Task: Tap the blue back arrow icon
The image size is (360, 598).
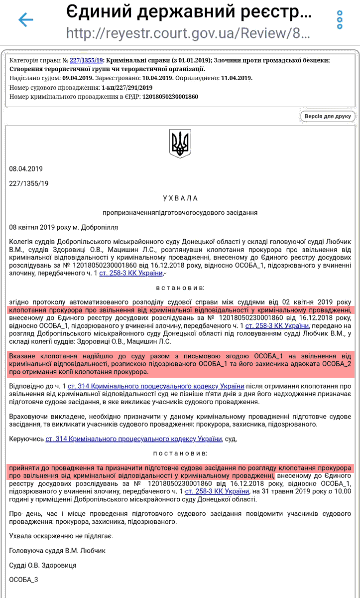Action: tap(25, 19)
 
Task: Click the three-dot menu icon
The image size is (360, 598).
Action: tap(340, 19)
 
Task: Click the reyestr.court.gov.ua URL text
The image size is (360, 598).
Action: tap(188, 34)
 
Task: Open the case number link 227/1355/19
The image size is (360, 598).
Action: tap(86, 60)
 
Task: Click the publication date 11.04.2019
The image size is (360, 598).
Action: tap(237, 78)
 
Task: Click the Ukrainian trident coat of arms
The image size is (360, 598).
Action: tap(180, 144)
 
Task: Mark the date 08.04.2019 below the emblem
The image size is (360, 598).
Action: tap(26, 169)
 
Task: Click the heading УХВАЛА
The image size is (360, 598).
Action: tap(180, 198)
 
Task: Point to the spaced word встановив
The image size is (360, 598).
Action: tap(180, 288)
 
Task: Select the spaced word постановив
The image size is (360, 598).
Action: tap(180, 453)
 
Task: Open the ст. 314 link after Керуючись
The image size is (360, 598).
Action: tap(133, 439)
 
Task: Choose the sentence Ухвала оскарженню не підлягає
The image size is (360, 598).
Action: tap(61, 536)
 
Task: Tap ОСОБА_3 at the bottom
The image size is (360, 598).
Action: tap(23, 580)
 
